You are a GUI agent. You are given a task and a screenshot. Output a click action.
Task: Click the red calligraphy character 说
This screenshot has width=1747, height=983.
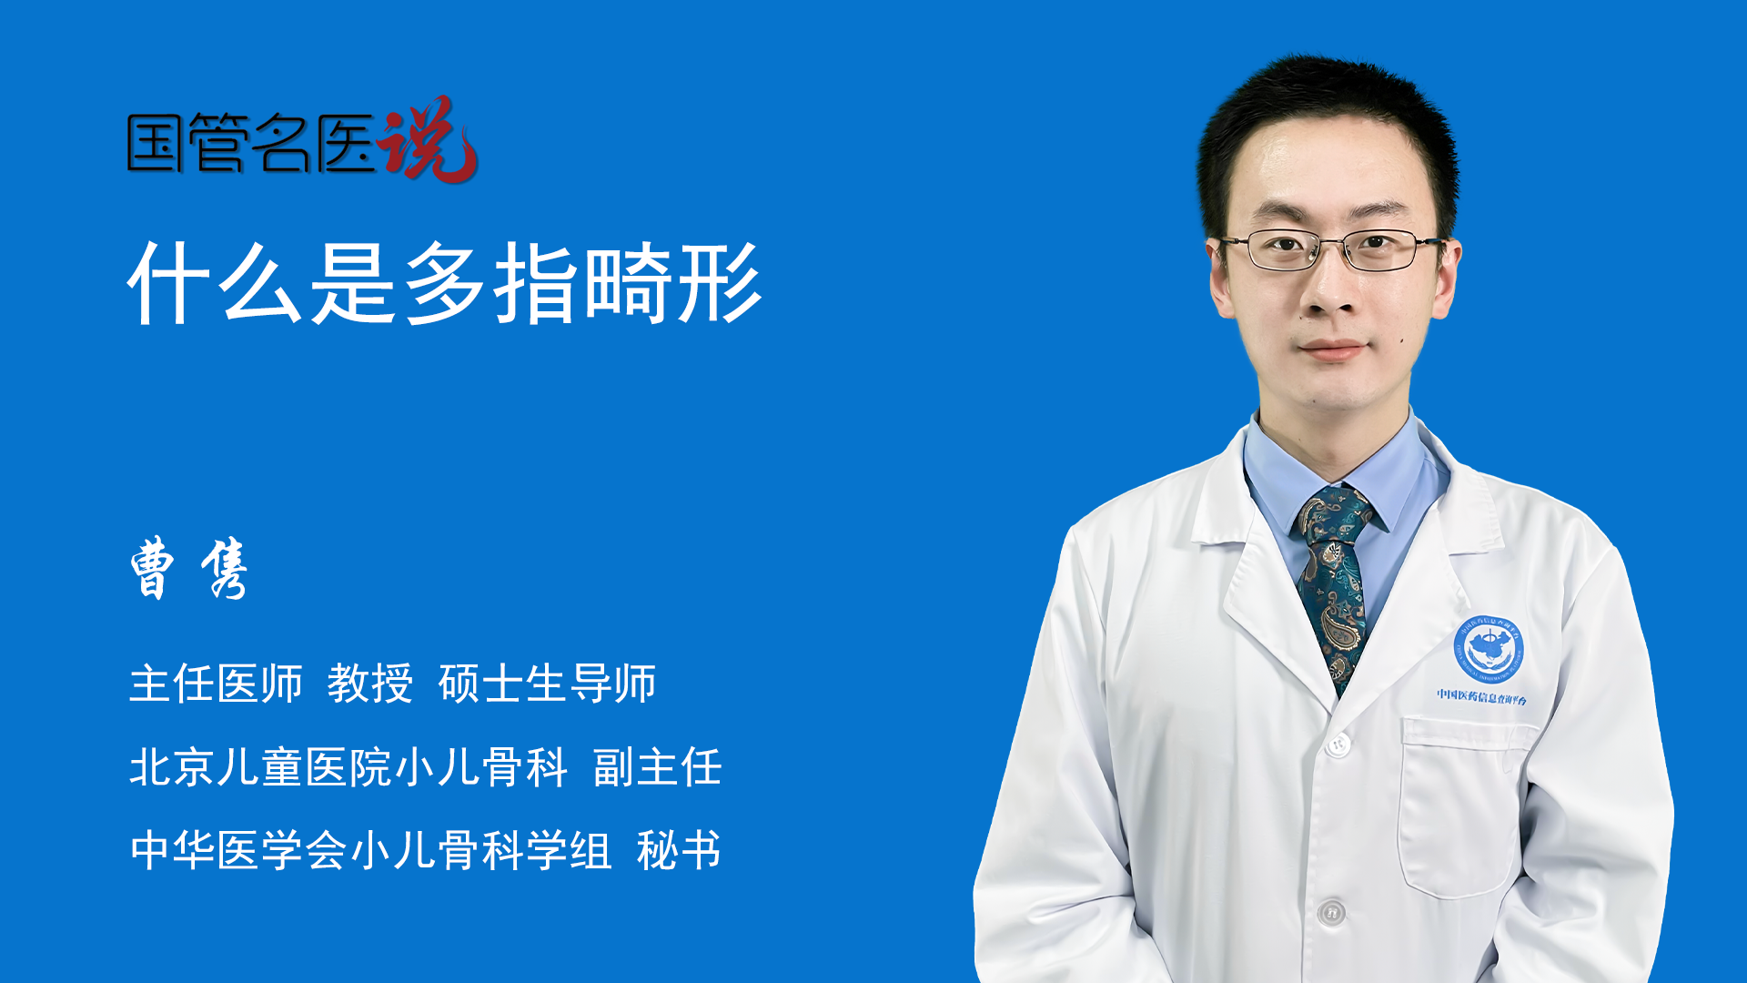(x=428, y=139)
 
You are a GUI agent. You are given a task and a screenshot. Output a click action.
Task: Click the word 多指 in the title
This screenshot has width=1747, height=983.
(x=491, y=283)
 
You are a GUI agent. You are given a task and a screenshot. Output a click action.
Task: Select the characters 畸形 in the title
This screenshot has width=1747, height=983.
(x=672, y=283)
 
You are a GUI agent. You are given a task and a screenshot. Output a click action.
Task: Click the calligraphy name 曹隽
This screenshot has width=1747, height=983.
(x=189, y=568)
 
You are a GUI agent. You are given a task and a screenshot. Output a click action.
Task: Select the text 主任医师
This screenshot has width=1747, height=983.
(x=216, y=684)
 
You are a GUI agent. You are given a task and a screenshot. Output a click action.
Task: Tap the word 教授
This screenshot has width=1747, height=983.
(x=370, y=684)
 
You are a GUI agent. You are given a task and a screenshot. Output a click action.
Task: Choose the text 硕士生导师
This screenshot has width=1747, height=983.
(x=547, y=684)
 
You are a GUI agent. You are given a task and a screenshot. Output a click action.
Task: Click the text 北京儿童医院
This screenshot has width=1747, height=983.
(x=260, y=767)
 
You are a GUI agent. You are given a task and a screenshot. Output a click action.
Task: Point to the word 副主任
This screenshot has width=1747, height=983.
(x=657, y=767)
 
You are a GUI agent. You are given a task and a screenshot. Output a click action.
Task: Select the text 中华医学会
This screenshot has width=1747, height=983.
(x=238, y=850)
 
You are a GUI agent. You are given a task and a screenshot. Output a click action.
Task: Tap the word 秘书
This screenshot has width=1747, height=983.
(x=679, y=850)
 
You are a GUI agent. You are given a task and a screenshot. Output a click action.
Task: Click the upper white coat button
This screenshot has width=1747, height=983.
(x=1338, y=744)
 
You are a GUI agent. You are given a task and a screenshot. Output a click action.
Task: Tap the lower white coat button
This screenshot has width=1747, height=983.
(x=1331, y=911)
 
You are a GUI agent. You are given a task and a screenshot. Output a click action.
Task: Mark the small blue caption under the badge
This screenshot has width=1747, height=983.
(x=1482, y=697)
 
